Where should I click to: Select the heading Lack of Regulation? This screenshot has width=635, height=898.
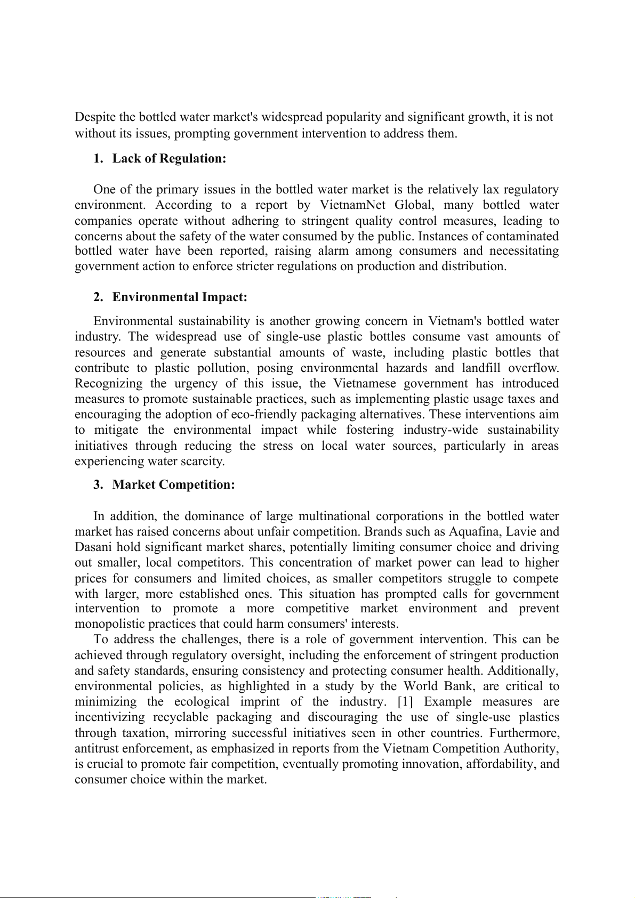tap(169, 158)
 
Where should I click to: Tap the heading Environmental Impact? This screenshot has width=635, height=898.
tap(180, 297)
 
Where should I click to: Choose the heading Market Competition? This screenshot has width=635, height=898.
tap(173, 484)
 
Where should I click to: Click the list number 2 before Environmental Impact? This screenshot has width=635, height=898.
tap(98, 297)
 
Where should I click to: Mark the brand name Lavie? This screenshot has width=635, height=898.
tap(521, 532)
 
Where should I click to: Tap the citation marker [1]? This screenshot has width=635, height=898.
tap(405, 702)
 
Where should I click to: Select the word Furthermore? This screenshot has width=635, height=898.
tap(525, 733)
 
